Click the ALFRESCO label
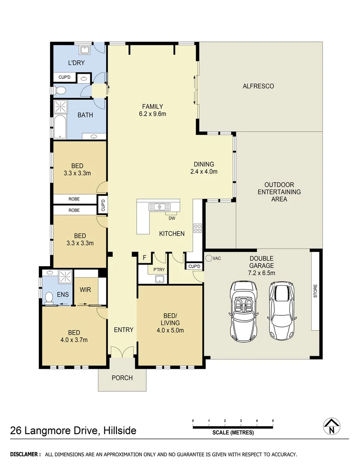point(258,86)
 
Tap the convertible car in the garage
point(244,311)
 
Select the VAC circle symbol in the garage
point(208,258)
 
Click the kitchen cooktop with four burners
point(197,228)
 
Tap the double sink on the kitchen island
point(157,206)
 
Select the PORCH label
point(122,378)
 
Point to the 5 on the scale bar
point(273,420)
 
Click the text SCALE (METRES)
point(233,433)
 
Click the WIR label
point(85,290)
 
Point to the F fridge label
point(144,258)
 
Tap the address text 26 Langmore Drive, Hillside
point(73,430)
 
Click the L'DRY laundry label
point(76,63)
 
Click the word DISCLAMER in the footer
point(25,454)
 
